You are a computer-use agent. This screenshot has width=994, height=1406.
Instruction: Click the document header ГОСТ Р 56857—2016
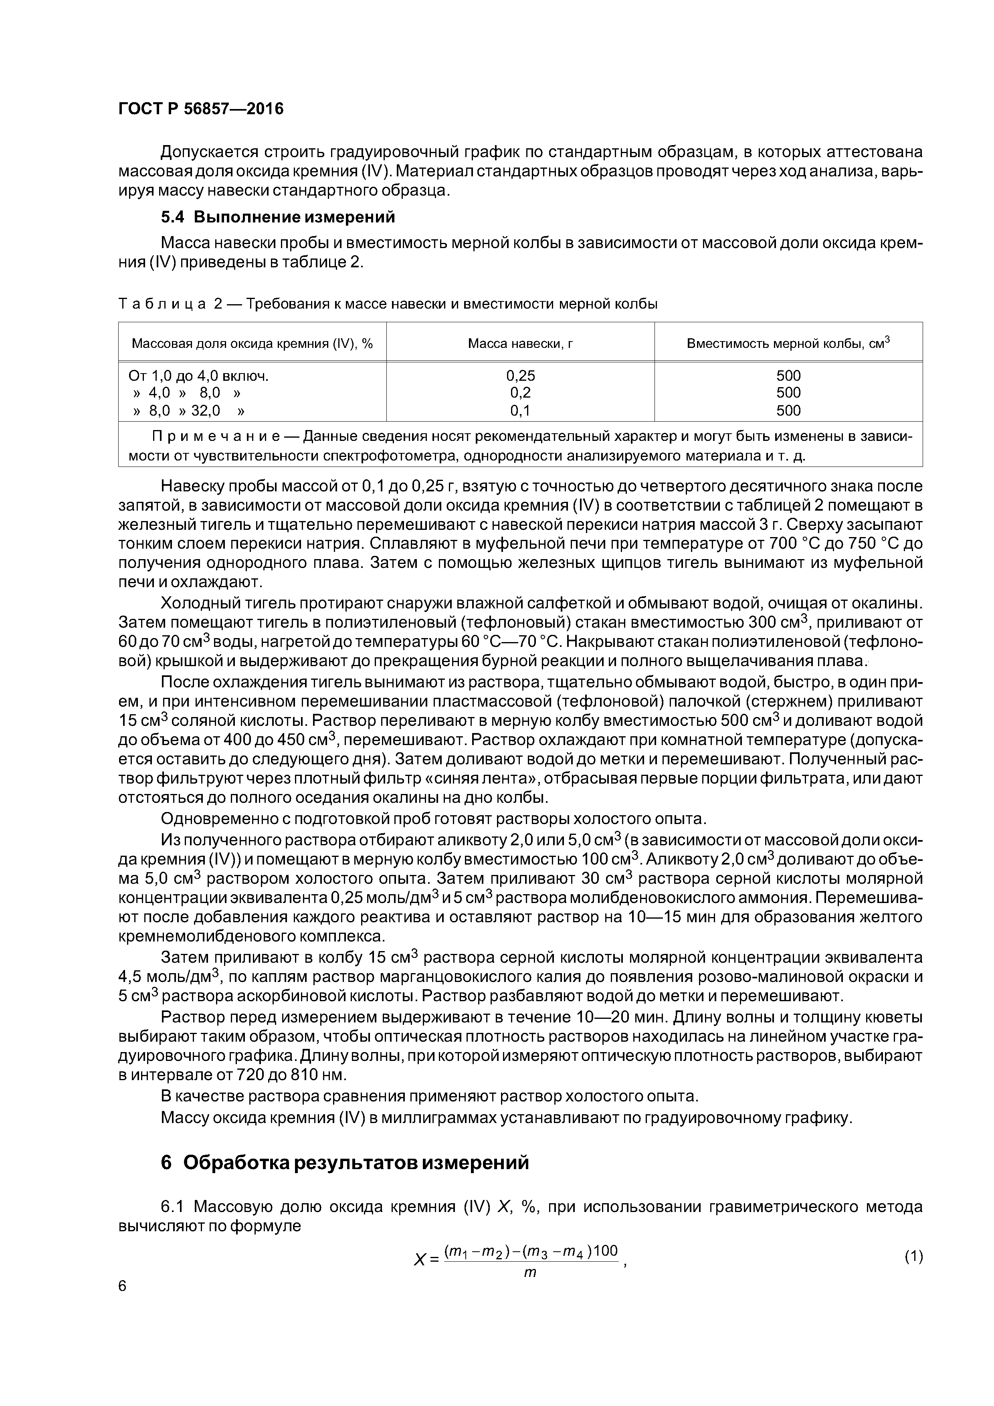pos(201,109)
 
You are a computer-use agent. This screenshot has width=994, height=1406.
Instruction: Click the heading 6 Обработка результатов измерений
pos(345,1162)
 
